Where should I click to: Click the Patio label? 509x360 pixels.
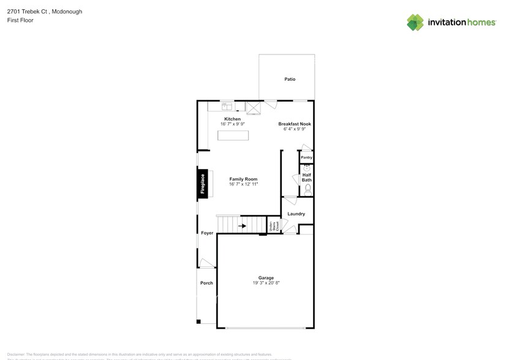pos(290,79)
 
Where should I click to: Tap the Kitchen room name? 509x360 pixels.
pos(232,119)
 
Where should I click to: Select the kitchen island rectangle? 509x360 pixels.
pos(233,135)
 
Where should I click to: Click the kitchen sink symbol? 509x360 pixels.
pos(227,105)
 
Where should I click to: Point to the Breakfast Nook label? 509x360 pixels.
pos(295,124)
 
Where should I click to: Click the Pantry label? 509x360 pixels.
pos(306,157)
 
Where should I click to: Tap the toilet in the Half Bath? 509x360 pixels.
pos(307,190)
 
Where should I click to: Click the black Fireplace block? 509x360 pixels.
pos(203,182)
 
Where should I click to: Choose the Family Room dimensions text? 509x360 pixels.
pos(243,184)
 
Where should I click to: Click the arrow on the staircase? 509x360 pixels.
pos(242,226)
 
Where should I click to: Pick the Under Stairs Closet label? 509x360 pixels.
pos(274,225)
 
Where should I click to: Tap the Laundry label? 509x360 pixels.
pos(296,214)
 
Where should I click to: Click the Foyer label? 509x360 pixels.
pos(207,233)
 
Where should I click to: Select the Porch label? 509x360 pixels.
pos(206,283)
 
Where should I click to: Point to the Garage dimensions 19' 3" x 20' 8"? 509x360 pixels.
pos(266,283)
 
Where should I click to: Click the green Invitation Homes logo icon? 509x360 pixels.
pos(415,22)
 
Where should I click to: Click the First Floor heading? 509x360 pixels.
pos(20,20)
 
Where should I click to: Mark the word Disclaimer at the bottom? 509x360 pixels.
pos(16,354)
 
